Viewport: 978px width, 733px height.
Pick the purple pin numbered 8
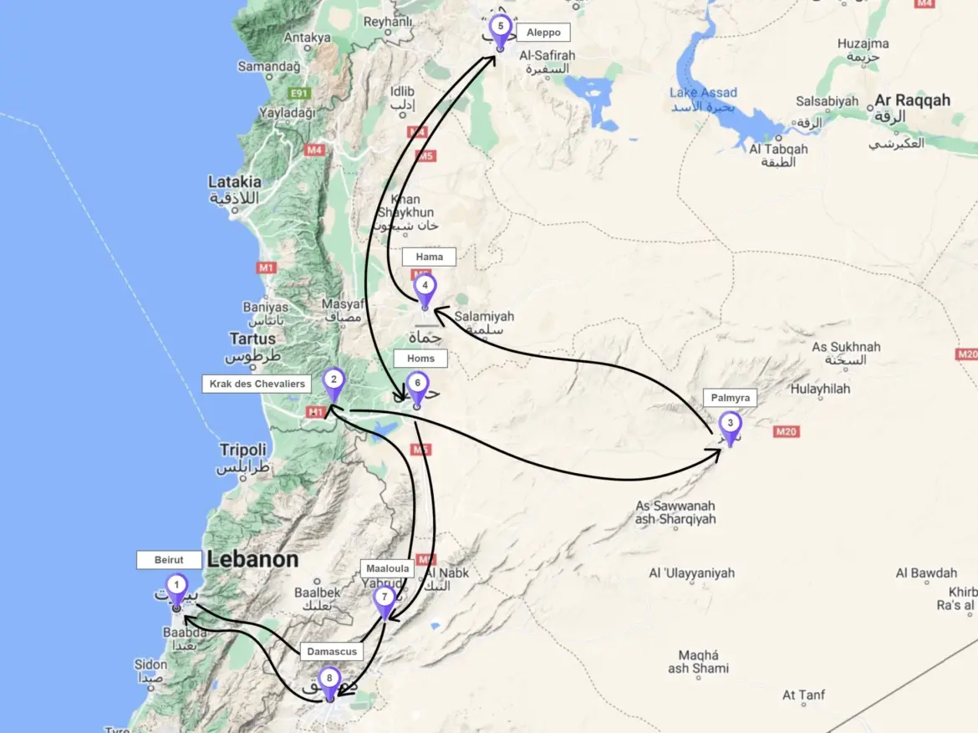[329, 680]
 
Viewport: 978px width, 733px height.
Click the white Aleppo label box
[543, 33]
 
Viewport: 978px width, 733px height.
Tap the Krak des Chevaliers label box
[256, 384]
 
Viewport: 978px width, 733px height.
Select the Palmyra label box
[729, 398]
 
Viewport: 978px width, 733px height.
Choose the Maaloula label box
[388, 568]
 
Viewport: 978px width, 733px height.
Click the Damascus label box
[331, 651]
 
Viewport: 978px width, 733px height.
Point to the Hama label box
[429, 257]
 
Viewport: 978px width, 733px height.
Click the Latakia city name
[234, 181]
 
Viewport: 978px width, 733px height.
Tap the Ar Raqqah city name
[912, 101]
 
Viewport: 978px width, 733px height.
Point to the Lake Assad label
[701, 93]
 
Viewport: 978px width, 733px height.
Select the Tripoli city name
[242, 450]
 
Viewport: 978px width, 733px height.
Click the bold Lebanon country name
[252, 560]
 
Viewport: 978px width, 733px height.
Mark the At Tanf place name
[803, 695]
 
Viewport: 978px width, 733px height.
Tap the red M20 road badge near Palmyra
[787, 431]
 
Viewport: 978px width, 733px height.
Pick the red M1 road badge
[267, 268]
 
